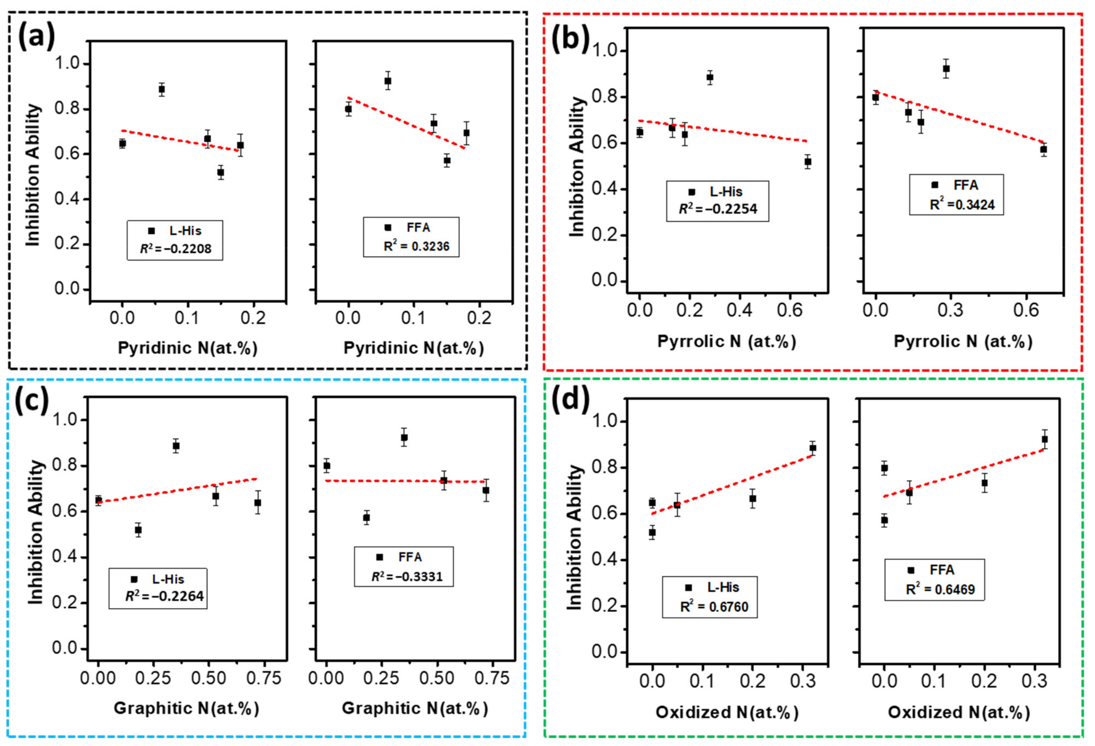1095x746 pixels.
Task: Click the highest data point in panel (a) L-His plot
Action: (162, 89)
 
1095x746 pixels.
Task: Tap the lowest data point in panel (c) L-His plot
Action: (138, 530)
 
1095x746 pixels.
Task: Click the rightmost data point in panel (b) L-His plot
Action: (808, 162)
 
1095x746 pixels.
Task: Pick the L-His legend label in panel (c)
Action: (168, 579)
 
